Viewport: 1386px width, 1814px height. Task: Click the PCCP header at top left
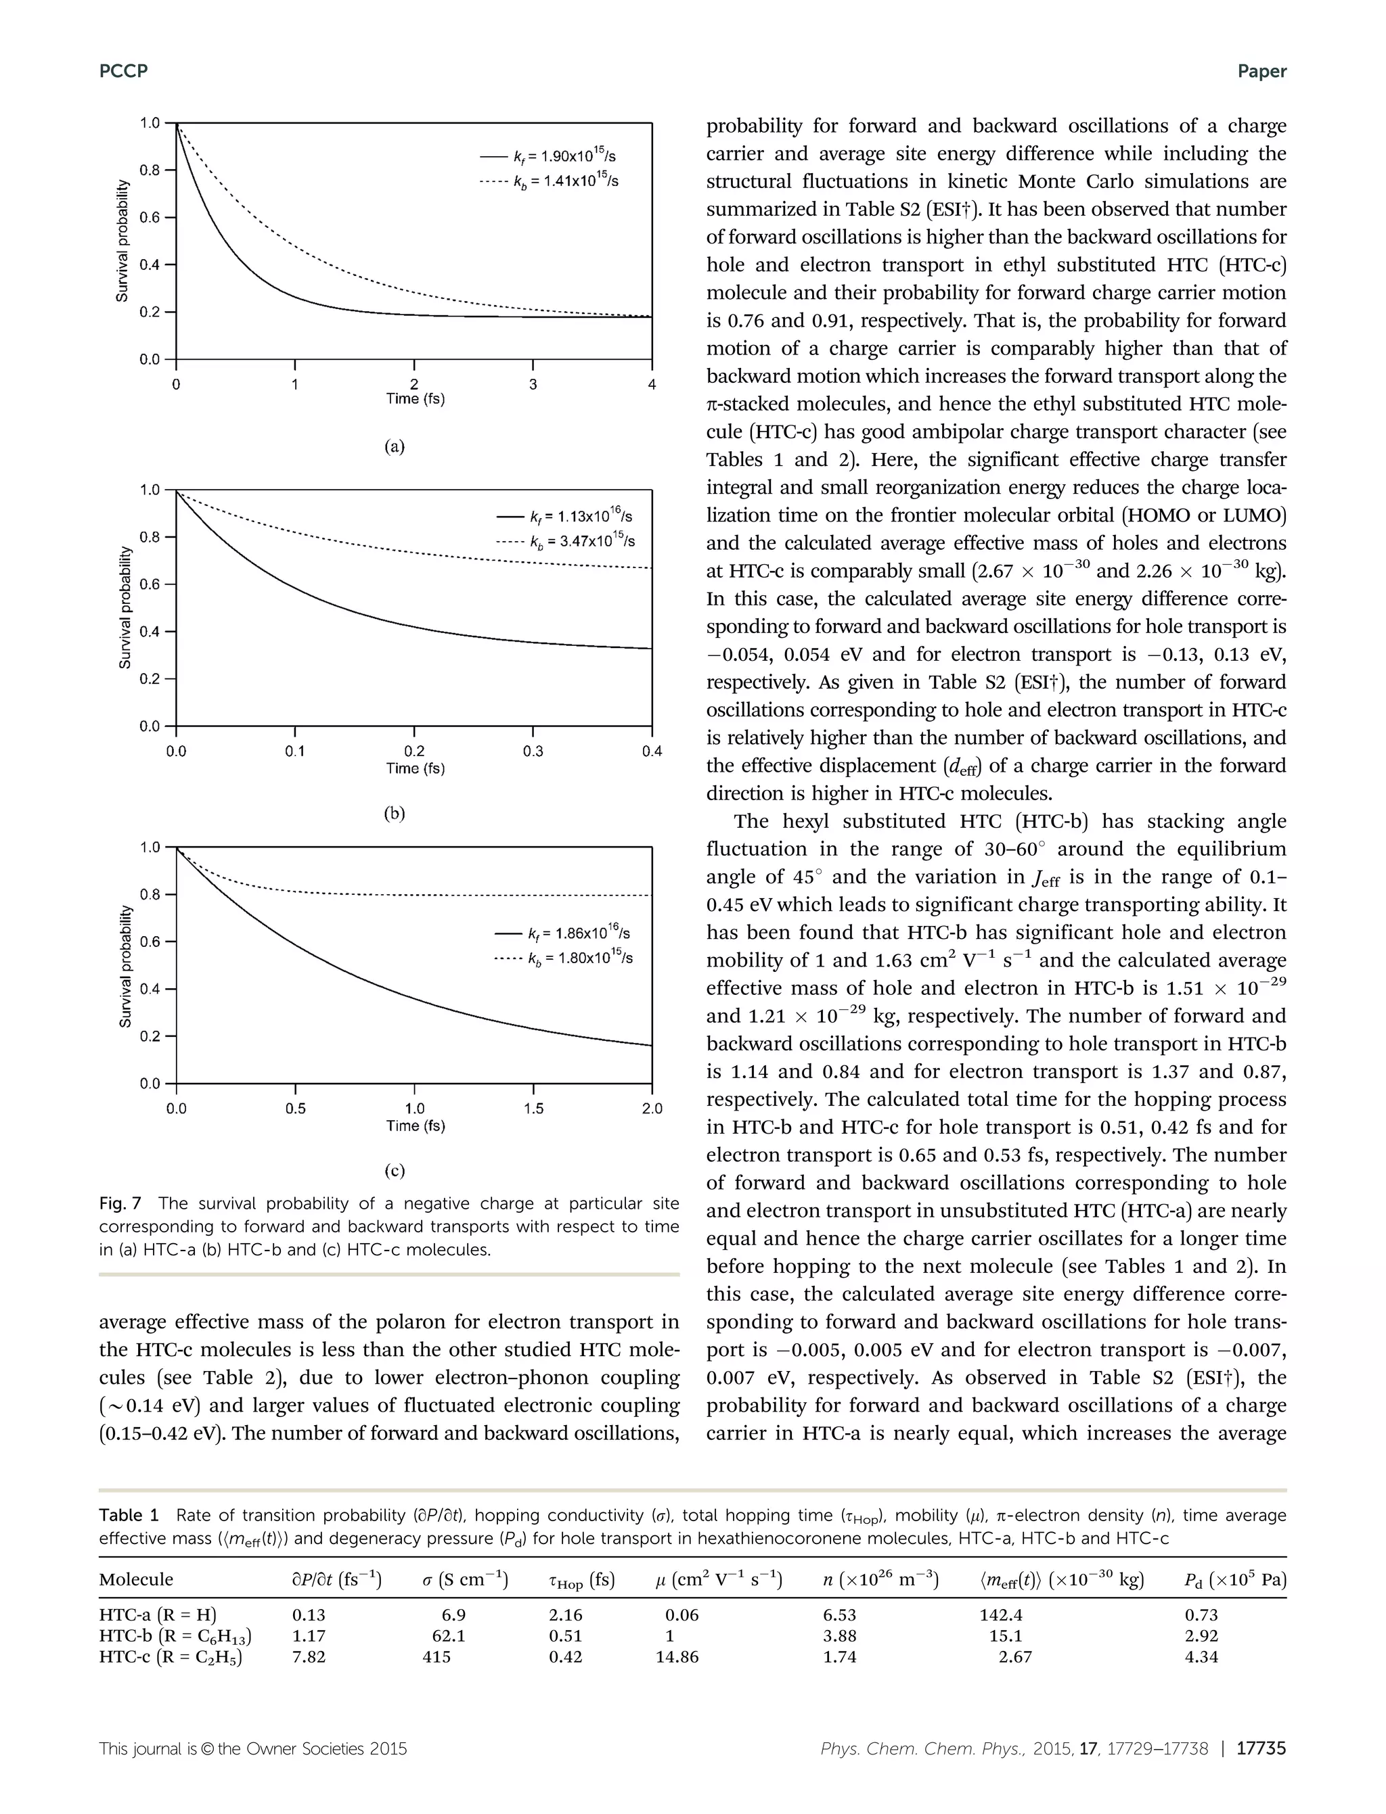coord(123,72)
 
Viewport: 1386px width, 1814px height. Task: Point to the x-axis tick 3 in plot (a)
coord(533,384)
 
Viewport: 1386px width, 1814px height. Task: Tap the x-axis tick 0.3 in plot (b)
coord(533,751)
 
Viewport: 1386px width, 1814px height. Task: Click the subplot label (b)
coord(395,813)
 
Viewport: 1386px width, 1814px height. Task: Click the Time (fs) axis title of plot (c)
coord(415,1126)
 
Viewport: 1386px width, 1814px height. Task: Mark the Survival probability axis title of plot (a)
coord(122,241)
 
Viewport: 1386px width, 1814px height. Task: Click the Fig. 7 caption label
coord(120,1203)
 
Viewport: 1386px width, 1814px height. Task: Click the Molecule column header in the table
coord(136,1580)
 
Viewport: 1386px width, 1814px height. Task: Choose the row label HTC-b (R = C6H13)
coord(175,1636)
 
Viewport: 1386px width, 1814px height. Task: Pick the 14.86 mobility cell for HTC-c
coord(677,1657)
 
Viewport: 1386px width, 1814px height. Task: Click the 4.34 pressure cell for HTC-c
coord(1201,1657)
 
